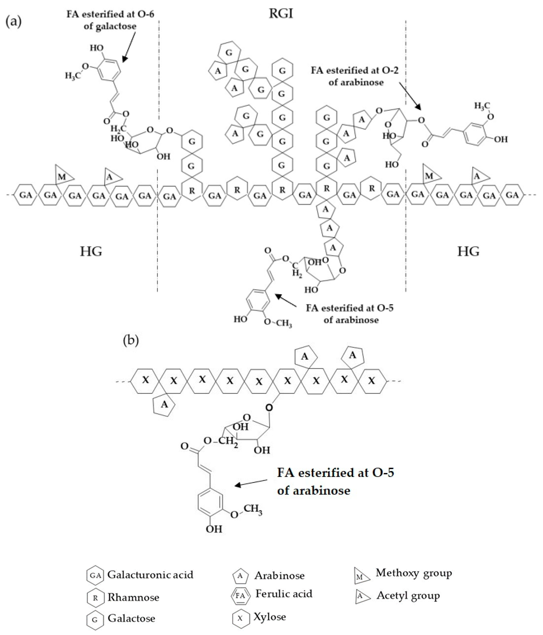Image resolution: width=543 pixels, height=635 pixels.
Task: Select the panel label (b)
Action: coord(131,340)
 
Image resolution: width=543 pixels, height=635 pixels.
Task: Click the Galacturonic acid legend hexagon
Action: coord(95,575)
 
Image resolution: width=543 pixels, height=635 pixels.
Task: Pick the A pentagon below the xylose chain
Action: coord(164,405)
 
